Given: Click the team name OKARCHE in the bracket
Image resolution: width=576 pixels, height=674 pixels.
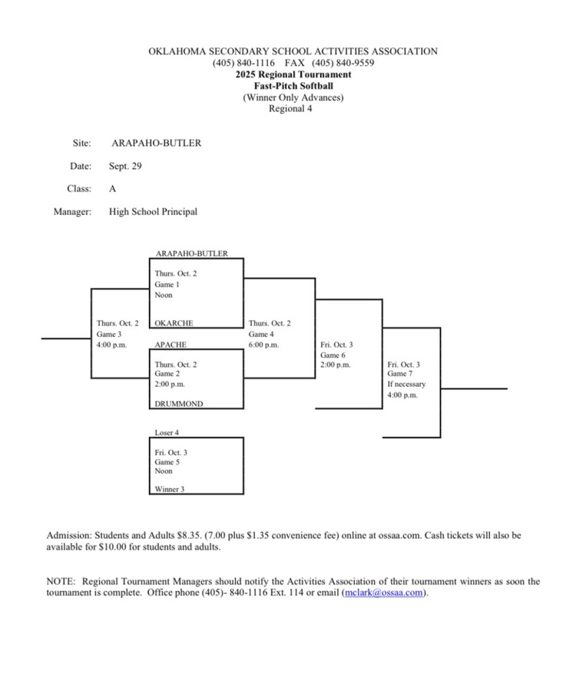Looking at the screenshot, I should click(174, 324).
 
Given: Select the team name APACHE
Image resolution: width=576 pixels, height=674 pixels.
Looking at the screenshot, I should click(170, 345).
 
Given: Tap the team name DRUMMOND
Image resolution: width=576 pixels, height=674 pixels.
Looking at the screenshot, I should click(179, 404).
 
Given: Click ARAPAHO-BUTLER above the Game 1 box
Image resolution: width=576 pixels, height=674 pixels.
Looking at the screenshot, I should click(191, 253).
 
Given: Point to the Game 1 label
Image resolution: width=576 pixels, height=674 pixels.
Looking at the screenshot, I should click(167, 284).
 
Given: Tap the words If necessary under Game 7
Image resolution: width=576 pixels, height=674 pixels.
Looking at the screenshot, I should click(406, 384).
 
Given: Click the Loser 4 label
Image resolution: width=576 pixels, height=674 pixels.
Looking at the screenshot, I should click(167, 433).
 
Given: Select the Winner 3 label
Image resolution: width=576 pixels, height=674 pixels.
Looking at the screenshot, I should click(169, 489).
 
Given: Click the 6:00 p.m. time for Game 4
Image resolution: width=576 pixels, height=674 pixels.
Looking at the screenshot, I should click(263, 345).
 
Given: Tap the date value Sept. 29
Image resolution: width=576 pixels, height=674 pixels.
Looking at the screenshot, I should click(125, 166).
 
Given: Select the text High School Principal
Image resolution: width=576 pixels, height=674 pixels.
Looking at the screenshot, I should click(153, 212).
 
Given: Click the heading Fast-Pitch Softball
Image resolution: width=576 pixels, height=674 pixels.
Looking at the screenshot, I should click(293, 86).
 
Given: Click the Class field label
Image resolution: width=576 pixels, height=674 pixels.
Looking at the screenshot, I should click(80, 189).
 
